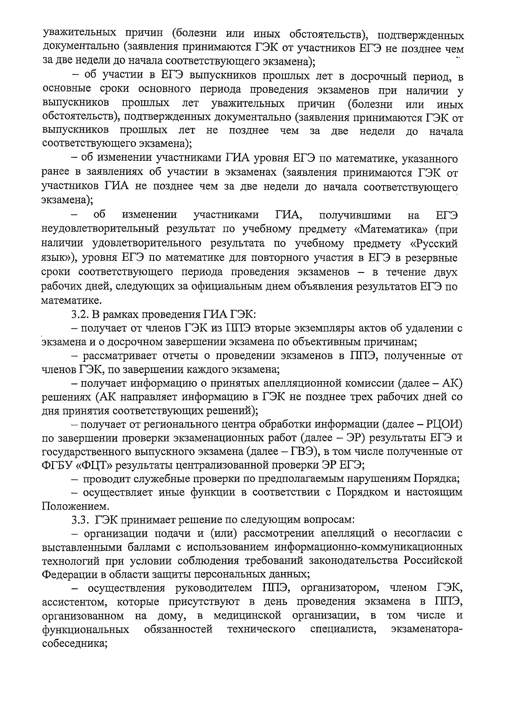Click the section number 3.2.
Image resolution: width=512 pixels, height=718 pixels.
click(79, 315)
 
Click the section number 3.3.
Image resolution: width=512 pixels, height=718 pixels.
click(80, 520)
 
